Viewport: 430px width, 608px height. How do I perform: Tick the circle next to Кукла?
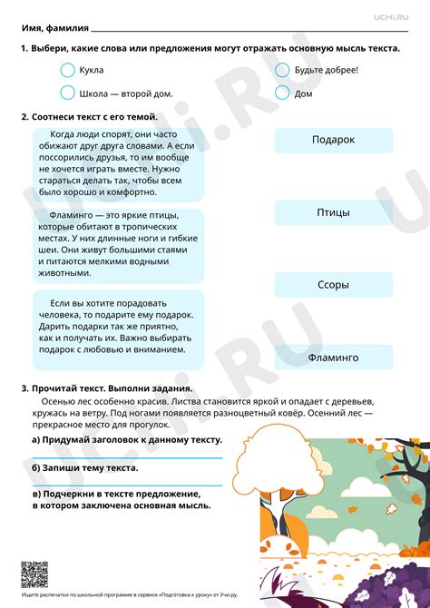pyautogui.click(x=67, y=70)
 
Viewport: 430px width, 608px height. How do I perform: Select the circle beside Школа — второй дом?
pyautogui.click(x=67, y=92)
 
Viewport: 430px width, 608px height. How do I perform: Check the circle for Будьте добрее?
pyautogui.click(x=281, y=70)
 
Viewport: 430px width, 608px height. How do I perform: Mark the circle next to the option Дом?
pyautogui.click(x=281, y=92)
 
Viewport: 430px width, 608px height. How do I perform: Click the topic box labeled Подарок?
pyautogui.click(x=333, y=140)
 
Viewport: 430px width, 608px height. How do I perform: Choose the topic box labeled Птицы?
pyautogui.click(x=333, y=212)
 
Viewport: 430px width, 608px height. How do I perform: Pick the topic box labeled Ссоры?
pyautogui.click(x=333, y=285)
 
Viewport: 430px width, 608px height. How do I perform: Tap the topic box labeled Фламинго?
pyautogui.click(x=333, y=358)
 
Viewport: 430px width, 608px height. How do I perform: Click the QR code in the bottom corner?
pyautogui.click(x=34, y=574)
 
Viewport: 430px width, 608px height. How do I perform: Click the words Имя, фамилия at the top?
pyautogui.click(x=54, y=26)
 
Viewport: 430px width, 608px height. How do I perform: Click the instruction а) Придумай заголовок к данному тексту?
pyautogui.click(x=126, y=439)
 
